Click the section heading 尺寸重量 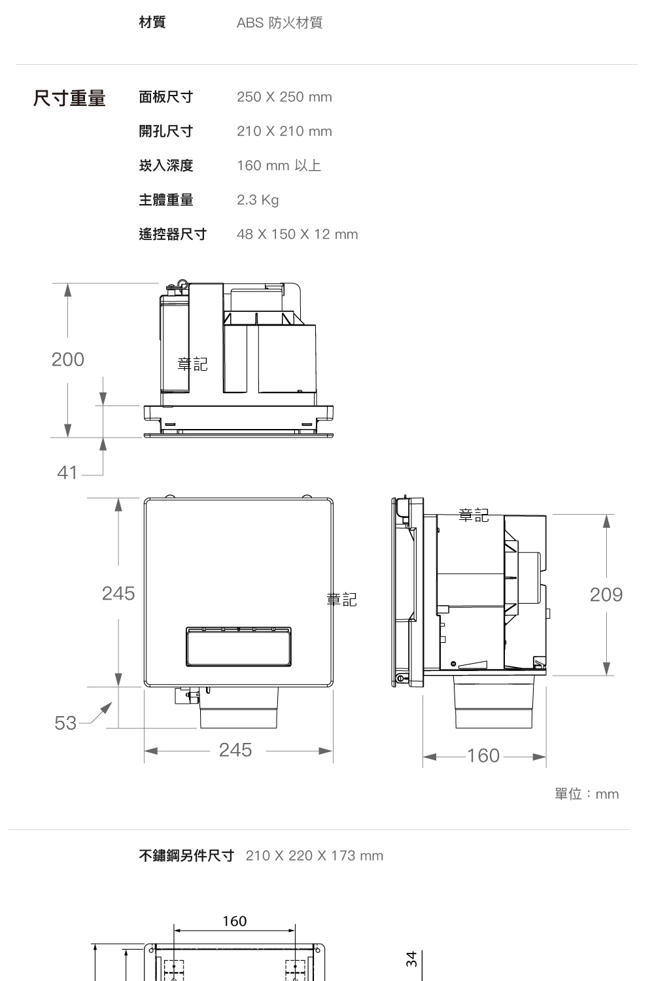coord(69,97)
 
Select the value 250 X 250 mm coord(284,97)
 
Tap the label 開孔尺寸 coord(166,131)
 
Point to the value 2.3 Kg coord(258,200)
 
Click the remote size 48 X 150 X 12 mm coord(298,234)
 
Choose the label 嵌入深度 coord(166,165)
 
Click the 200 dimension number coord(68,360)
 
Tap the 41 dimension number coord(67,473)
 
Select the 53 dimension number coord(65,723)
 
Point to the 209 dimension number coord(606,594)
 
